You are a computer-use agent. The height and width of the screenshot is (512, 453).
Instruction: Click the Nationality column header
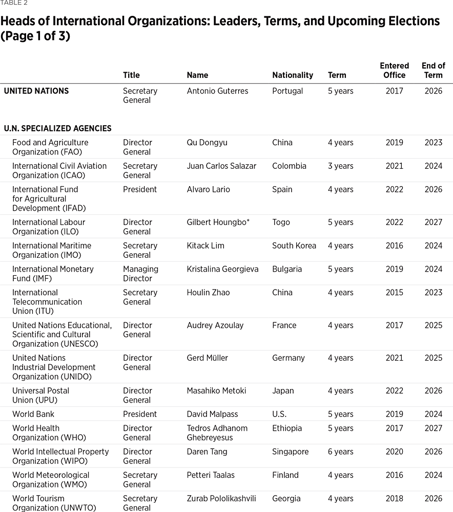click(x=292, y=75)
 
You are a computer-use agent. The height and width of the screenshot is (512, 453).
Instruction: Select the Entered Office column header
click(x=394, y=71)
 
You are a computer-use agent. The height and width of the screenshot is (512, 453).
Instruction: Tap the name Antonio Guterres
click(x=217, y=91)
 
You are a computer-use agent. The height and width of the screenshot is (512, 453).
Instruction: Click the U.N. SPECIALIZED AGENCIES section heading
click(x=57, y=128)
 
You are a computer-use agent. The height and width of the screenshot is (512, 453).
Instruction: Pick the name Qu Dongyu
click(x=207, y=143)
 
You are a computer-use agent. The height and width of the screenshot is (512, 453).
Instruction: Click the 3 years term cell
click(x=340, y=166)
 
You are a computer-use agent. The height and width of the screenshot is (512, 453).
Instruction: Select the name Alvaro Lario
click(x=208, y=190)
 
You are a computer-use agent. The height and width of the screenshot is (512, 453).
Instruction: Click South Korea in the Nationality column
click(x=294, y=246)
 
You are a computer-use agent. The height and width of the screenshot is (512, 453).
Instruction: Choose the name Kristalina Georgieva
click(x=222, y=270)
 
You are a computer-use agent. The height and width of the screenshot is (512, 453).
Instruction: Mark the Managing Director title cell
click(x=140, y=274)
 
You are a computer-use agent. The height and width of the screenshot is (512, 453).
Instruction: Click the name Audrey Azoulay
click(x=215, y=325)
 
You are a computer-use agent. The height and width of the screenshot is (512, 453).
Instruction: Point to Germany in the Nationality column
click(x=289, y=358)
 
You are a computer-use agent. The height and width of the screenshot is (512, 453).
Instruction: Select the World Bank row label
click(x=33, y=414)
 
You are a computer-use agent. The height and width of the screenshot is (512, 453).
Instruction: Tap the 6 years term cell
click(x=340, y=452)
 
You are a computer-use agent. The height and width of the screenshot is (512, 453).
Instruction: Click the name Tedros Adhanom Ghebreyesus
click(x=217, y=433)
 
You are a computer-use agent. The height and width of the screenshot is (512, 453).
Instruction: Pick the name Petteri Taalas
click(x=211, y=476)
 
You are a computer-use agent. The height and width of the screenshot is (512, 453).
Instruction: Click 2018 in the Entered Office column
click(x=394, y=499)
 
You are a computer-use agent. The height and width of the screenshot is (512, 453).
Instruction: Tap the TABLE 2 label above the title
click(x=14, y=3)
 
